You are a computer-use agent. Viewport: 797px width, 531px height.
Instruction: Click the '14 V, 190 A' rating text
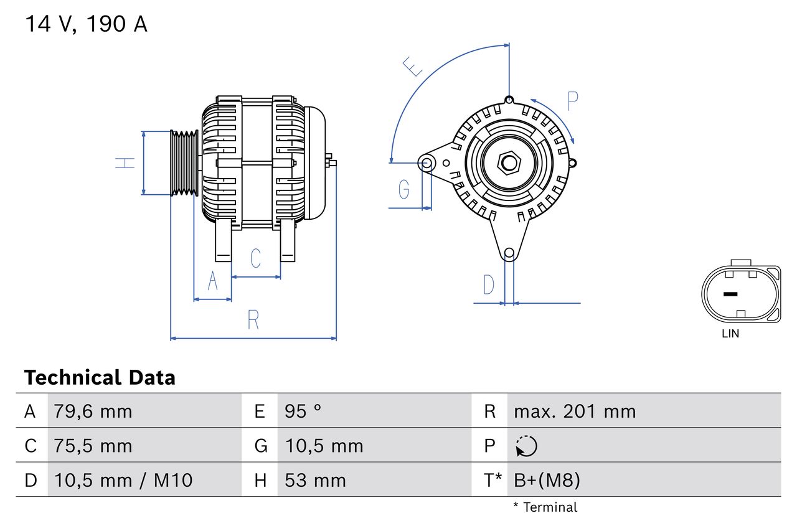tap(86, 24)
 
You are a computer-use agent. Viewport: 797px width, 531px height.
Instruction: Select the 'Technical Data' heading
tap(100, 377)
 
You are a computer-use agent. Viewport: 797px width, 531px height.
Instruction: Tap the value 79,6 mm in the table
tap(93, 411)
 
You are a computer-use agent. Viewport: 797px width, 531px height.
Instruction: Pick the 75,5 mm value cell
tap(93, 446)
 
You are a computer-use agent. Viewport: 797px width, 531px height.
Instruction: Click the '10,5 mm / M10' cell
tap(123, 480)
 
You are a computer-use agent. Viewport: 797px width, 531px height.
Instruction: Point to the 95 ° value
tap(303, 411)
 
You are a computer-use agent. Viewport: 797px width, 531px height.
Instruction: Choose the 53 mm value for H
tap(315, 480)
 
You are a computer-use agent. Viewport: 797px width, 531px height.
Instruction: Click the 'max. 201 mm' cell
tap(574, 411)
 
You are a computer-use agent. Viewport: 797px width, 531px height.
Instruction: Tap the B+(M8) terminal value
tap(547, 480)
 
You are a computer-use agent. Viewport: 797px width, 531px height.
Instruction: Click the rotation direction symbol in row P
tap(526, 446)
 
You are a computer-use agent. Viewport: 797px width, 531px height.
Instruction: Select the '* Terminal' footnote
tap(545, 507)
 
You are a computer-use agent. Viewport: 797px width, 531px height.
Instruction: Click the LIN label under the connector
tap(730, 334)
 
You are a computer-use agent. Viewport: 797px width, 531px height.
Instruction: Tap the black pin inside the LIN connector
tap(730, 294)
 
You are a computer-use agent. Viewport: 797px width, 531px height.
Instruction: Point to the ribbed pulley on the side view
tap(184, 163)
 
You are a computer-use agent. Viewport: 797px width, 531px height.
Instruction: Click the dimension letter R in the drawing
tap(253, 319)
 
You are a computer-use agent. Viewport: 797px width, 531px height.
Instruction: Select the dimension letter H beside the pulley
tap(125, 163)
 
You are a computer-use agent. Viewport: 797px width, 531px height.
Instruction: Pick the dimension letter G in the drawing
tap(404, 189)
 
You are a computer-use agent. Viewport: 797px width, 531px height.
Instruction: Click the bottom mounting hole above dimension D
tap(509, 253)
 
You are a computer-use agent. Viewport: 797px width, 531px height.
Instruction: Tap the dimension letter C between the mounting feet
tap(255, 258)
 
